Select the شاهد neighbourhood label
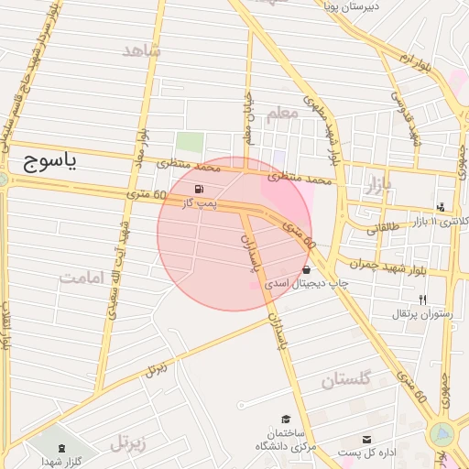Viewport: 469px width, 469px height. click(141, 50)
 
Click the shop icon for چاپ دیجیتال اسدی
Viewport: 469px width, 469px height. click(306, 270)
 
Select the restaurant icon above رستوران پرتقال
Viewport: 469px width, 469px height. click(422, 300)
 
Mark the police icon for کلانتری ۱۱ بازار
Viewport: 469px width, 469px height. click(442, 207)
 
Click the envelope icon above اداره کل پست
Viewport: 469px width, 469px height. click(367, 440)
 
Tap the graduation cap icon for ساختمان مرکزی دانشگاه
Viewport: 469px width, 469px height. click(286, 419)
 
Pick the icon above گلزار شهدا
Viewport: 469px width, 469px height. click(61, 447)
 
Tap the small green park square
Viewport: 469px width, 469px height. click(190, 143)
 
